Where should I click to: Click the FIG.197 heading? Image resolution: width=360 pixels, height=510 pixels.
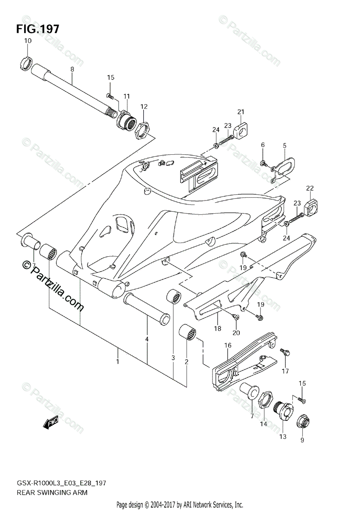coord(38,29)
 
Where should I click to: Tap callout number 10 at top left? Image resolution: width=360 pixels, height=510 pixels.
coord(28,41)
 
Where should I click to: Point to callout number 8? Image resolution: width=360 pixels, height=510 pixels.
coord(72,69)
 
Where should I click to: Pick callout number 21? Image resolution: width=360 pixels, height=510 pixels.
coord(241,112)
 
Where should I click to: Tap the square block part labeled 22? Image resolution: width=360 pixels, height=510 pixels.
coord(310,207)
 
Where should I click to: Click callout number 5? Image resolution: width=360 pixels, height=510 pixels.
coord(285,145)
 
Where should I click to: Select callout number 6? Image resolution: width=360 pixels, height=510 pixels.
coord(263,145)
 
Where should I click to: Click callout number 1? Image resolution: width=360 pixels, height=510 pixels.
coord(118,361)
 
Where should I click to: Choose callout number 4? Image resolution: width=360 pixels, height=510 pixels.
coord(147,339)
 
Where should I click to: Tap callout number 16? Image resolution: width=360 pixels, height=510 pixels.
coord(228,346)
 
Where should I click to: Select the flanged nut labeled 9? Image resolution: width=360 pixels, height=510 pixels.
coord(302,420)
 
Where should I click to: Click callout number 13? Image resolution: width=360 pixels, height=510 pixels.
coord(283,436)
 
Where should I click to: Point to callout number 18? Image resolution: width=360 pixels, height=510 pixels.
coord(217,329)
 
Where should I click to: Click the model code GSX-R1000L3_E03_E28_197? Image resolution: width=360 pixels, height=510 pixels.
coord(62,483)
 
